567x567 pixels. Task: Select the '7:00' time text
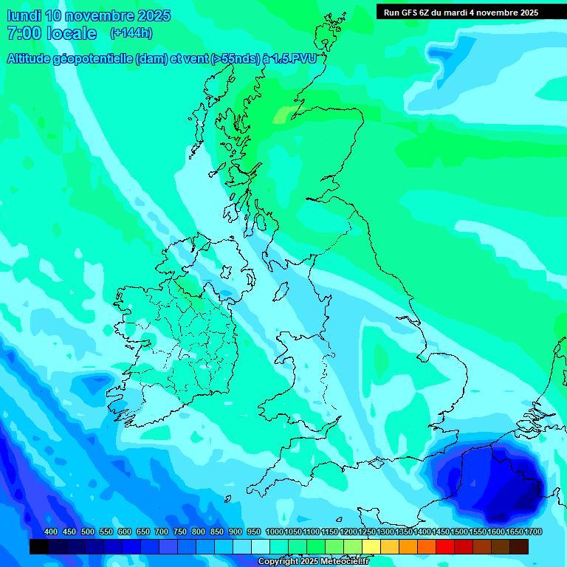point(21,33)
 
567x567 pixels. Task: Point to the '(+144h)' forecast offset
point(131,33)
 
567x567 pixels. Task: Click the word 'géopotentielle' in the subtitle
point(92,58)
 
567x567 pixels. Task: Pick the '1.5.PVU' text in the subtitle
point(293,58)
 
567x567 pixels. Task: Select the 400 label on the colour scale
point(51,532)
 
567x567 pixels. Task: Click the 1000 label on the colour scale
point(275,532)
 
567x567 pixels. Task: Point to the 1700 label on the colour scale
point(515,532)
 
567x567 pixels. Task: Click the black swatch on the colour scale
point(39,546)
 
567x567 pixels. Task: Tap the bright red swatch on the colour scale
point(445,546)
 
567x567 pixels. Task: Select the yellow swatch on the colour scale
point(371,546)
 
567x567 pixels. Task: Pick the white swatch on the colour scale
point(261,546)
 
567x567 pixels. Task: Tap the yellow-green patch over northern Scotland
point(285,114)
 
